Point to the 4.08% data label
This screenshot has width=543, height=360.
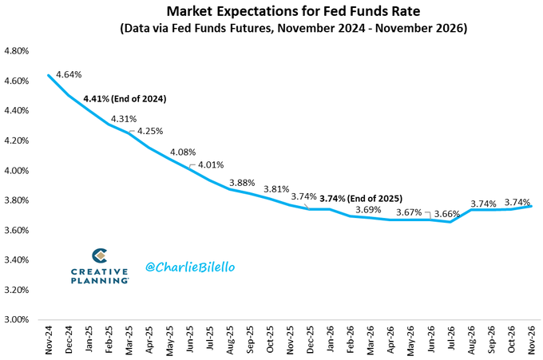[x=184, y=152]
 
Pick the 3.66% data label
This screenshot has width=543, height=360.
[x=447, y=214]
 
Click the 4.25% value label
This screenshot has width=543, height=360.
[x=151, y=131]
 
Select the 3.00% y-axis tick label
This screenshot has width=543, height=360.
[x=18, y=320]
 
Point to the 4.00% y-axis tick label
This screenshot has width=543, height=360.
[x=18, y=171]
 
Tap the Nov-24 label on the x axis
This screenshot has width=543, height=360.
[x=49, y=340]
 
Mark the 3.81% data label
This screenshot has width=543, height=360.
[x=276, y=189]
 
